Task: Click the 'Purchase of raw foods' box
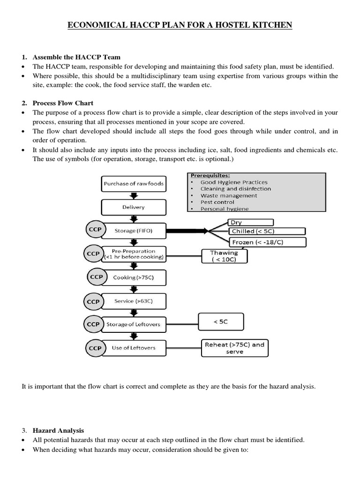[x=134, y=184]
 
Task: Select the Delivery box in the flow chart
[x=134, y=207]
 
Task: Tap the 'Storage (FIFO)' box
[x=134, y=231]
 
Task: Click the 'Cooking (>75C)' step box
[x=134, y=277]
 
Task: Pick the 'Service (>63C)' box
[x=134, y=301]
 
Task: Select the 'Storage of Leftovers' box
[x=134, y=324]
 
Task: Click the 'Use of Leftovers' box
[x=134, y=348]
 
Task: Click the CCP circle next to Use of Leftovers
[x=96, y=348]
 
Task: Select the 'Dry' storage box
[x=251, y=222]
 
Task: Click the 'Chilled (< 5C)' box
[x=266, y=231]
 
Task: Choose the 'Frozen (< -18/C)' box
[x=268, y=242]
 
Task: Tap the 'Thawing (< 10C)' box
[x=225, y=256]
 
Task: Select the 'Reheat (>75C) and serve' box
[x=234, y=348]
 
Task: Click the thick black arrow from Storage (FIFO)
[x=187, y=231]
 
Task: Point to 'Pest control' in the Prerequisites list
[x=217, y=202]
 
